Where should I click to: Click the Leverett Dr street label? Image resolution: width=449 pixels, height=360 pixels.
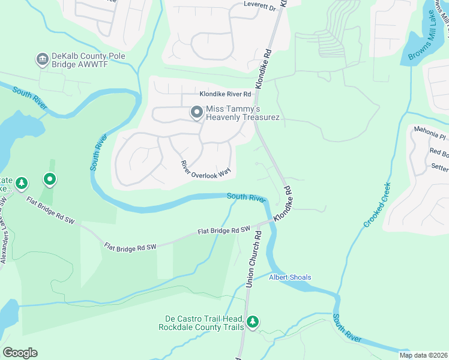point(259,7)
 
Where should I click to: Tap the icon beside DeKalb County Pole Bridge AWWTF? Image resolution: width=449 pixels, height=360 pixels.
point(43,58)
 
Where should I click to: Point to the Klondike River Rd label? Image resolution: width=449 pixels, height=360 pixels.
point(225,94)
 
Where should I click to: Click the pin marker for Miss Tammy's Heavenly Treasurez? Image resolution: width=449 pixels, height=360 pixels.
point(196,112)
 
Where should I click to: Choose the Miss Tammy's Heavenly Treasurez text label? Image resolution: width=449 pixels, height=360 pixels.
point(243,113)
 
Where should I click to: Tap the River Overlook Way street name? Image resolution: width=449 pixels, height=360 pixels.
point(206,168)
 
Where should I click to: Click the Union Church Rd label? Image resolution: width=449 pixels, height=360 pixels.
point(254,259)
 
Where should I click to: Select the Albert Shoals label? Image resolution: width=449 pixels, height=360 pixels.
point(290,277)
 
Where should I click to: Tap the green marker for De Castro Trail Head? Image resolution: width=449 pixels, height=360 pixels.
point(253,322)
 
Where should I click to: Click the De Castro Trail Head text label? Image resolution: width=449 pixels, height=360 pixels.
point(201,323)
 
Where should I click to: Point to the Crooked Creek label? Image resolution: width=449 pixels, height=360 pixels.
point(377,205)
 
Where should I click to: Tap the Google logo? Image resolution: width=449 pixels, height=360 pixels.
point(20,353)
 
